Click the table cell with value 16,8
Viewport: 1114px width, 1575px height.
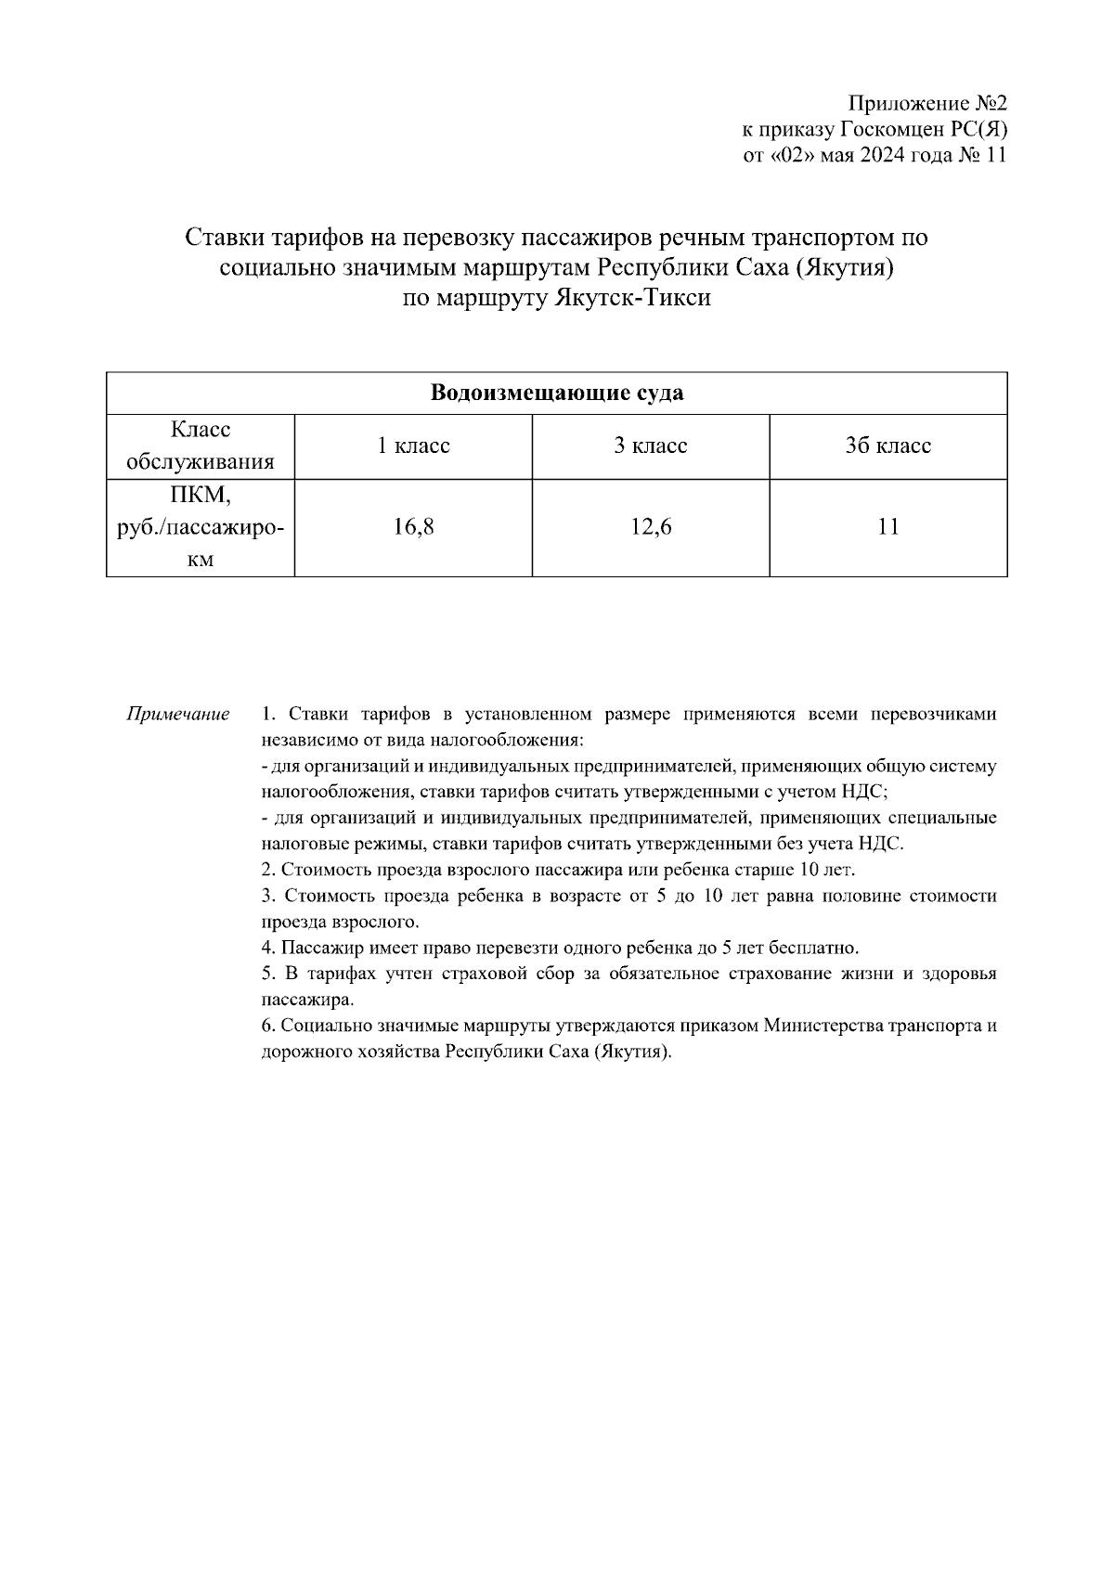click(x=413, y=527)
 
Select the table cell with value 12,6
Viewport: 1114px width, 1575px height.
click(x=650, y=527)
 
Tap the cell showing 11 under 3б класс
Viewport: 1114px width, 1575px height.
click(x=887, y=527)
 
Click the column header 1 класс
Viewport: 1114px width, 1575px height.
click(x=413, y=446)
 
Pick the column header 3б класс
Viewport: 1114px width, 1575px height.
click(x=887, y=446)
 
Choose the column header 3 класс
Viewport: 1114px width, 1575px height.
click(x=650, y=446)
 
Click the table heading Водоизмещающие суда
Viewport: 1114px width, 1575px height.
click(x=557, y=393)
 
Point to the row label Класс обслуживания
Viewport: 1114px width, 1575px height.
click(x=201, y=446)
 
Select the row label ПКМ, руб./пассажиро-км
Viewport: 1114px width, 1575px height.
click(x=201, y=527)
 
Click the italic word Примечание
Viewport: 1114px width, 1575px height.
click(x=178, y=715)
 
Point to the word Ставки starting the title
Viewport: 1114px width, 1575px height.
click(x=225, y=238)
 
